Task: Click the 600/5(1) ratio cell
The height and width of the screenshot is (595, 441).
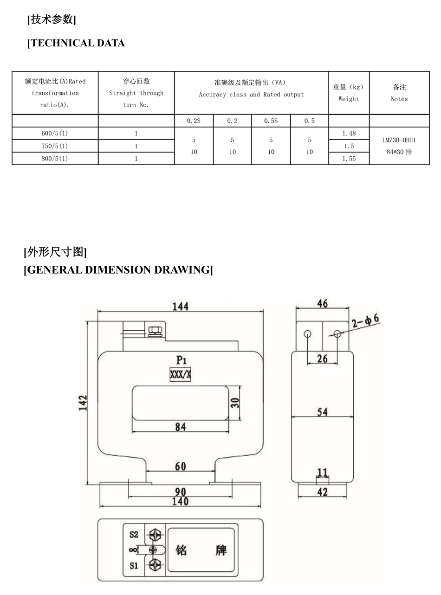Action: point(55,134)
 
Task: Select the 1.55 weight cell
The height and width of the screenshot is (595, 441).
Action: point(349,159)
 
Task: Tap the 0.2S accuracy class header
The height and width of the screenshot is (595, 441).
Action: point(194,121)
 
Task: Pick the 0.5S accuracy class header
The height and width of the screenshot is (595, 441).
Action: point(271,121)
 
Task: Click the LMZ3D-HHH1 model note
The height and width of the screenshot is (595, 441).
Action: point(399,140)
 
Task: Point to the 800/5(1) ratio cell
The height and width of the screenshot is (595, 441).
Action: point(55,159)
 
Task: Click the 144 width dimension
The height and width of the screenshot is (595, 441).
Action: point(181,307)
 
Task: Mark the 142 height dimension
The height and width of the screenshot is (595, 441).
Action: point(83,403)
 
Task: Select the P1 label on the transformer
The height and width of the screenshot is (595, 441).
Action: point(181,360)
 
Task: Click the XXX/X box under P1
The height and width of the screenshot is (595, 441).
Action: point(181,374)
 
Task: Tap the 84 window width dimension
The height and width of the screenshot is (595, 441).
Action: point(181,427)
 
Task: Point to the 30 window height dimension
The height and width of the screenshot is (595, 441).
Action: point(235,403)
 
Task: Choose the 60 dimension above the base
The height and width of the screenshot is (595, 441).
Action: point(181,466)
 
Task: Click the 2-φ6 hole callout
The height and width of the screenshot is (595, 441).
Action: point(366,320)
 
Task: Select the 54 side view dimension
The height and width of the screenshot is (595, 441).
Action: point(322,412)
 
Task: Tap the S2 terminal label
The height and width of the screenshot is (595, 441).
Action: point(134,535)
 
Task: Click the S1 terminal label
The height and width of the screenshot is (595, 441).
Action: point(134,565)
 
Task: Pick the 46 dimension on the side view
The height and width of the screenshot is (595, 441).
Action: point(322,303)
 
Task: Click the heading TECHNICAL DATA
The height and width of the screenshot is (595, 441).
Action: point(76,43)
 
